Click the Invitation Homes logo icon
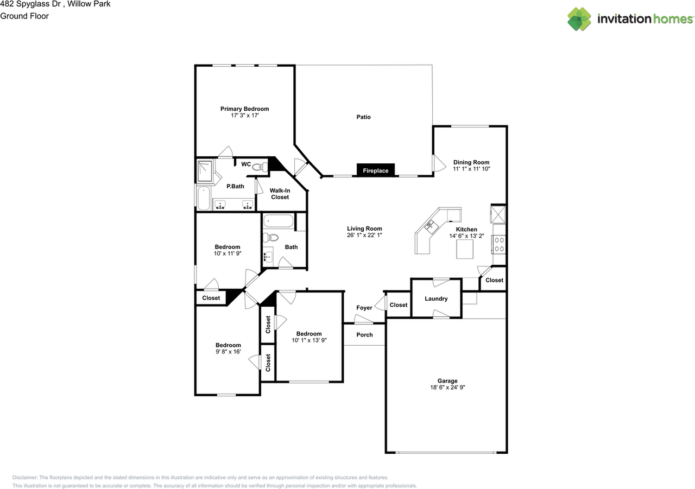(579, 19)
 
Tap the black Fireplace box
(376, 170)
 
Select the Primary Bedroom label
(244, 109)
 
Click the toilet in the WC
(261, 167)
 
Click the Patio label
(363, 117)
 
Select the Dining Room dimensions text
(471, 169)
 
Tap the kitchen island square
(465, 249)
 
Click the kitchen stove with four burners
(498, 244)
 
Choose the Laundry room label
(436, 299)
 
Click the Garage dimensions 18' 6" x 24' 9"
(447, 388)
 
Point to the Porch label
(364, 335)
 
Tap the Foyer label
(364, 308)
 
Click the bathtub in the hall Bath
(279, 221)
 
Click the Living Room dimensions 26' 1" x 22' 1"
(364, 236)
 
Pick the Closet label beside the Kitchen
(494, 281)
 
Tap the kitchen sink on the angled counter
(431, 226)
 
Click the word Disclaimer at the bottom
(24, 477)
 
